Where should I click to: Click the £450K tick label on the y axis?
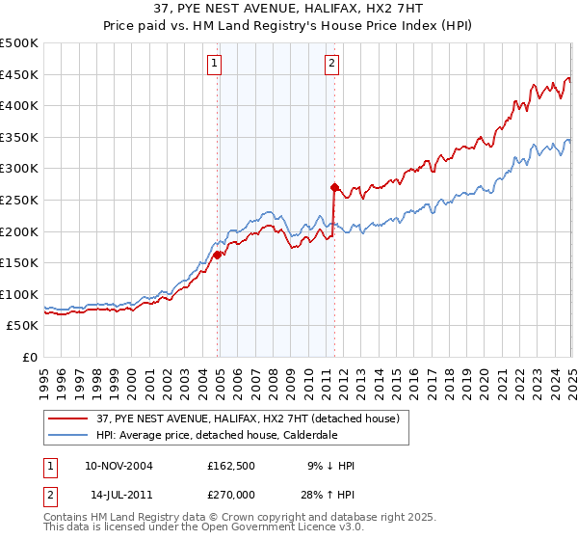(19, 74)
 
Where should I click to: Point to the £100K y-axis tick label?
(19, 294)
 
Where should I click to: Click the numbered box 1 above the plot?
(213, 65)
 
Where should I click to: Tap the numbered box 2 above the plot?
(330, 65)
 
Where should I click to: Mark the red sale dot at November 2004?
(218, 255)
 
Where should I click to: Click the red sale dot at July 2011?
(334, 187)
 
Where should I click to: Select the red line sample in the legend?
(67, 418)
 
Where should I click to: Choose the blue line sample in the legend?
(67, 435)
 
